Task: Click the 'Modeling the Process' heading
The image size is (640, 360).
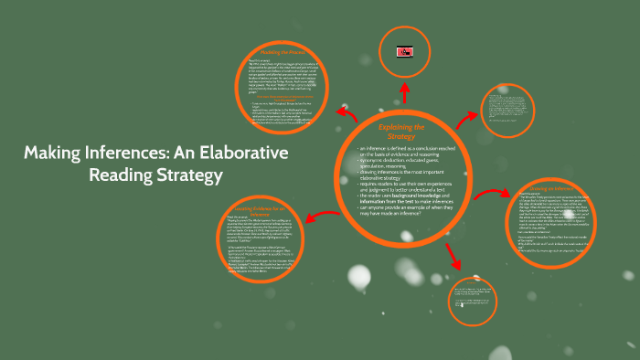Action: [286, 54]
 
